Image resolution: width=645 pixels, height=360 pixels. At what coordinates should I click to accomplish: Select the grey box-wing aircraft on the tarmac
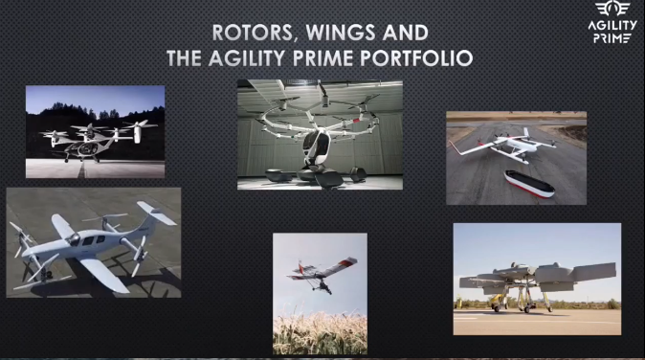536,279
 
